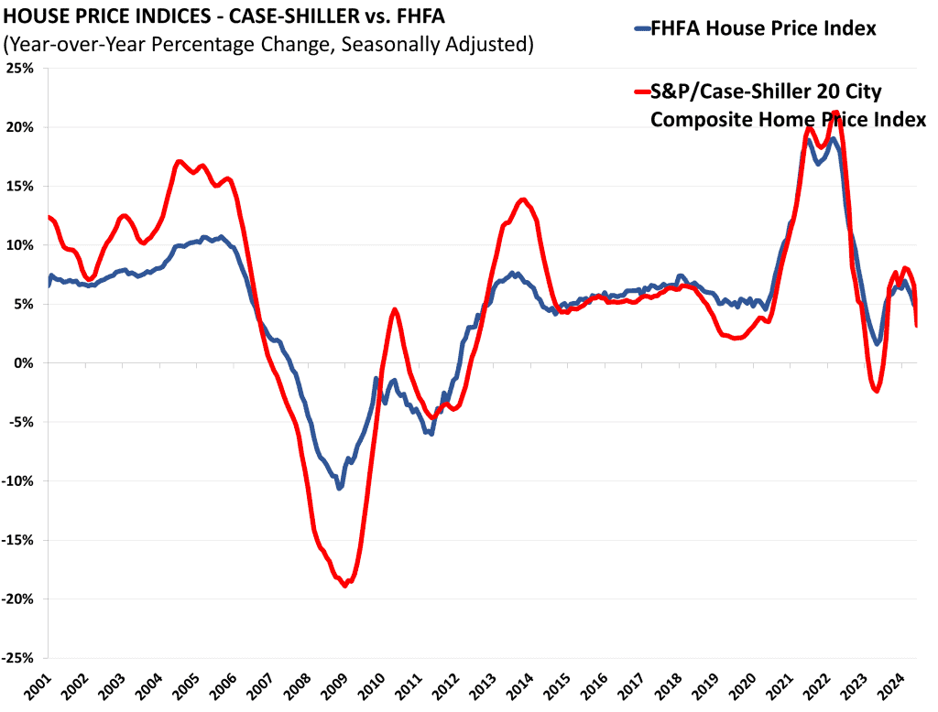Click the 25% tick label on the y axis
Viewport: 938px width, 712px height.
click(20, 69)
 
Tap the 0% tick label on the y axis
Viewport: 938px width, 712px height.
click(25, 363)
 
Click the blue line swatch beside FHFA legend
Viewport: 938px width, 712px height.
click(641, 29)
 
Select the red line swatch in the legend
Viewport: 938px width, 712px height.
click(641, 92)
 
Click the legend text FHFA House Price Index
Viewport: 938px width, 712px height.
click(763, 29)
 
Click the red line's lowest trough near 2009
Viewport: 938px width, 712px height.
click(345, 586)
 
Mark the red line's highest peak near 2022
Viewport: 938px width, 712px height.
click(835, 112)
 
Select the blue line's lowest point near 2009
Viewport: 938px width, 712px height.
click(339, 488)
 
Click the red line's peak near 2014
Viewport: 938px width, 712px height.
click(523, 200)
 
